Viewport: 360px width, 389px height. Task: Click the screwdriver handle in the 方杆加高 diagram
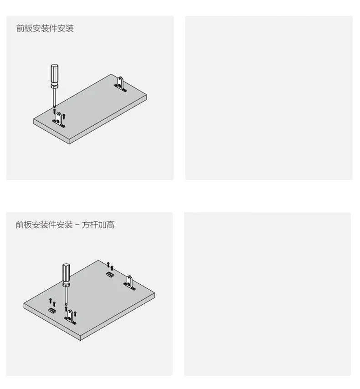(x=66, y=272)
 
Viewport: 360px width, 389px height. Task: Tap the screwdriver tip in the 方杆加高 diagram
(x=66, y=304)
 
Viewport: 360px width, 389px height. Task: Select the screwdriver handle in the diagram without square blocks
(x=54, y=74)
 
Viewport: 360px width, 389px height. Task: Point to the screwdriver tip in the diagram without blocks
(x=54, y=107)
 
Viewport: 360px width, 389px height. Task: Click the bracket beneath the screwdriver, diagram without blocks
(x=59, y=120)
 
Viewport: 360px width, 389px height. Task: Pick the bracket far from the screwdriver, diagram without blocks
(x=120, y=84)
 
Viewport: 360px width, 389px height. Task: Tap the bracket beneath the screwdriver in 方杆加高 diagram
(x=70, y=317)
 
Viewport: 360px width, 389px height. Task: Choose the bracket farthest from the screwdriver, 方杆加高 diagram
(x=129, y=283)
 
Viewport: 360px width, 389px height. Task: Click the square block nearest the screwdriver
(x=52, y=311)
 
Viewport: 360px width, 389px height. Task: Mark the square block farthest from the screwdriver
(x=110, y=274)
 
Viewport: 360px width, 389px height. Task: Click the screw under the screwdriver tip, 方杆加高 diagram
(x=66, y=309)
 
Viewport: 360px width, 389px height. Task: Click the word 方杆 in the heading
(x=90, y=225)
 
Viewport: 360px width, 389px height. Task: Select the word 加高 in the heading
(x=106, y=225)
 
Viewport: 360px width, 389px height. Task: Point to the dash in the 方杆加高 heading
(x=77, y=225)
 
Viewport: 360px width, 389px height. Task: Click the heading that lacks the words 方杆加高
(x=45, y=28)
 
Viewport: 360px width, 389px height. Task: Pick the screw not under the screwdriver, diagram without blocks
(x=64, y=116)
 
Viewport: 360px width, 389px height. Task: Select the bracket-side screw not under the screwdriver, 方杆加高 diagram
(x=75, y=313)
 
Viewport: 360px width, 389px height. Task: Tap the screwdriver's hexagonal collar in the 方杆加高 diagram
(x=66, y=284)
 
